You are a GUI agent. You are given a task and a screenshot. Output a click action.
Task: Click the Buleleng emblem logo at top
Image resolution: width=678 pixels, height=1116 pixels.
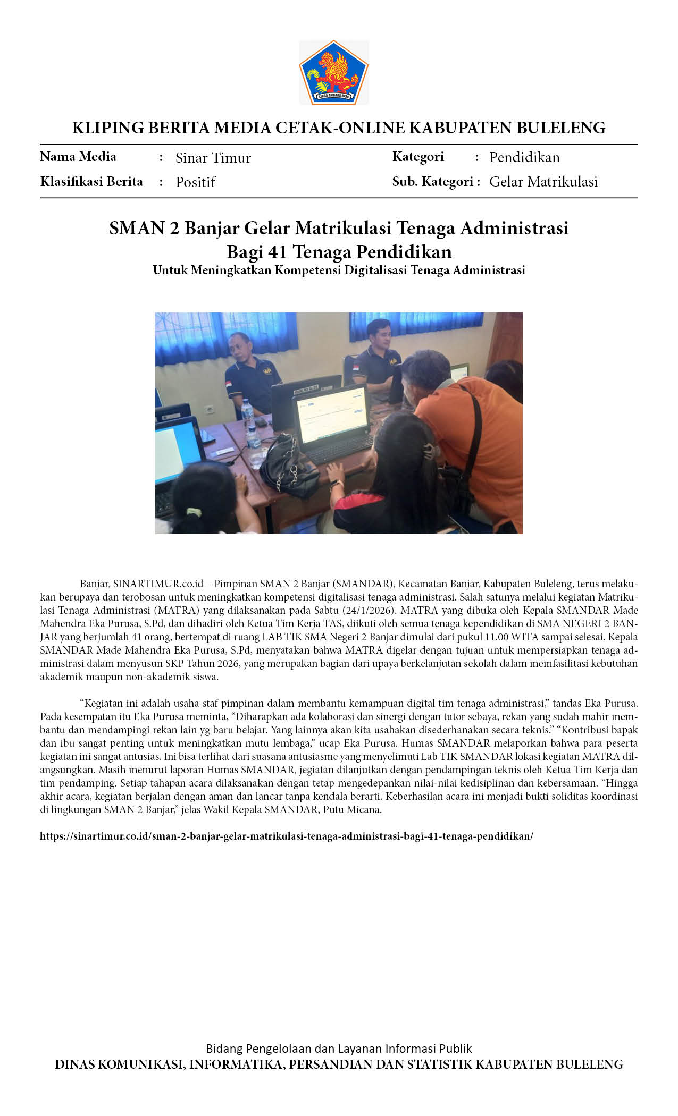point(334,72)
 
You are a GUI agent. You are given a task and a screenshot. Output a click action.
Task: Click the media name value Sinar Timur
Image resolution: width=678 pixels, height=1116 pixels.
point(213,158)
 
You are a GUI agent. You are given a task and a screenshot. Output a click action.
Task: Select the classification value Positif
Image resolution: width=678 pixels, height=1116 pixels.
point(195,182)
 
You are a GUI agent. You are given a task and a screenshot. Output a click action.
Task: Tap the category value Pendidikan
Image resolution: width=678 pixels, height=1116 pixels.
point(524,157)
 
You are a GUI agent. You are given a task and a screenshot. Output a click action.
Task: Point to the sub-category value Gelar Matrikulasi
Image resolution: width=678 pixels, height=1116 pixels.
point(543,182)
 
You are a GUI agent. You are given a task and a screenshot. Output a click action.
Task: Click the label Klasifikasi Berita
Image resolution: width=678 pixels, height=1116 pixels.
point(91,182)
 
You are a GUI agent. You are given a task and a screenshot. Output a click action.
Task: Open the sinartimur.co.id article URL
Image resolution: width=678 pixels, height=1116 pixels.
point(286,836)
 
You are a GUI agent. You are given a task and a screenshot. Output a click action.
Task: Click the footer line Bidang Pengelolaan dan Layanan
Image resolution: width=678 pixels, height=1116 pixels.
point(339,1049)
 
